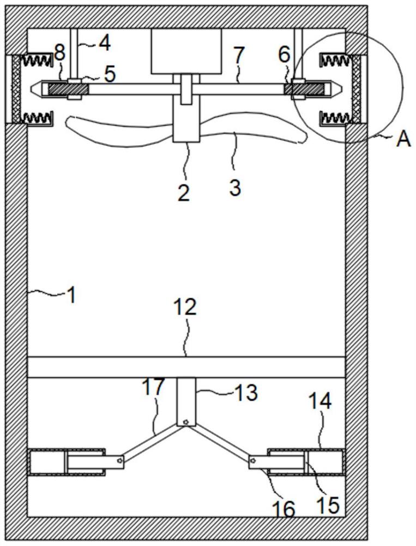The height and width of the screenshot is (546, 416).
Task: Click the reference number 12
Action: pyautogui.click(x=186, y=308)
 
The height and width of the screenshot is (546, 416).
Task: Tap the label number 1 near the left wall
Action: pyautogui.click(x=71, y=295)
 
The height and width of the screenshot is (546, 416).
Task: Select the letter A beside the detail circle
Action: pyautogui.click(x=403, y=139)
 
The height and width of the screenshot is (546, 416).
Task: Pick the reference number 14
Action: pyautogui.click(x=320, y=402)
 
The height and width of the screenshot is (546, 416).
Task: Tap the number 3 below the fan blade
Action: pyautogui.click(x=234, y=188)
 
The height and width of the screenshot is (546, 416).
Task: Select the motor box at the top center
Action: pyautogui.click(x=186, y=51)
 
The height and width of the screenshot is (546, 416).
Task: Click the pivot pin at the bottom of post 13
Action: pyautogui.click(x=186, y=422)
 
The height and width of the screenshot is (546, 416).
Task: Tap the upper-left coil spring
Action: pyautogui.click(x=38, y=58)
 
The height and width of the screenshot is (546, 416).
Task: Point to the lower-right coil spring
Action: pyautogui.click(x=334, y=117)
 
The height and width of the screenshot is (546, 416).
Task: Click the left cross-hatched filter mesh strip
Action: pyautogui.click(x=16, y=88)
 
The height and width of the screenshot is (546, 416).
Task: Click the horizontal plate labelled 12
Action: pyautogui.click(x=186, y=367)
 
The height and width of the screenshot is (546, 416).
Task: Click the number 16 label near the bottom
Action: pyautogui.click(x=284, y=509)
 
